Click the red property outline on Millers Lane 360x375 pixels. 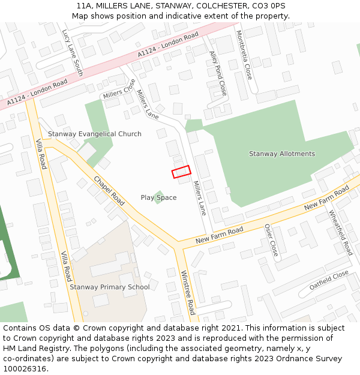coord(181,172)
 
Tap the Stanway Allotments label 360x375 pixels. coord(281,154)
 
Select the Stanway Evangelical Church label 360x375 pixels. coord(95,134)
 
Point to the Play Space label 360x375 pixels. coord(158,197)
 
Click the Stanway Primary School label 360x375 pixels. coord(110,287)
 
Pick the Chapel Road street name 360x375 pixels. coord(109,191)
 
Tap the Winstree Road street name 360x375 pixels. coord(188,292)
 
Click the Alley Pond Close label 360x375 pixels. coord(218,73)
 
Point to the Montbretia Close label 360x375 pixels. coord(244,55)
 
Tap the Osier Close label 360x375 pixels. coord(271,240)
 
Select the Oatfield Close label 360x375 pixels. coord(329,280)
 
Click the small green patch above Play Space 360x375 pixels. coord(158,196)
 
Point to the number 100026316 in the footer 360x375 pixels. coord(25,369)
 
